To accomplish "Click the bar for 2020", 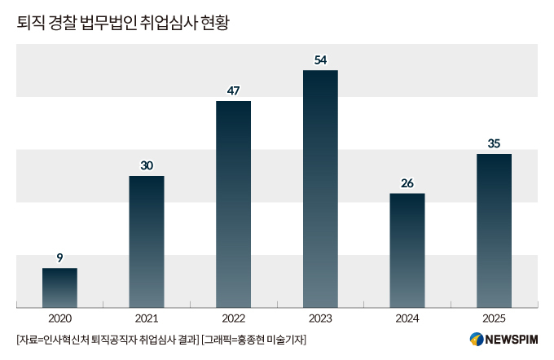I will pos(59,288).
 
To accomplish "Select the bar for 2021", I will pos(147,242).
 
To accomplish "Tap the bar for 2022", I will pos(233,204).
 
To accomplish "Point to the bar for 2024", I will pos(407,250).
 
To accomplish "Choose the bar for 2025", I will pos(494,230).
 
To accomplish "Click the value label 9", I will pos(59,257).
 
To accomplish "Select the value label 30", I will pos(147,165).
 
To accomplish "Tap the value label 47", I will pos(233,90).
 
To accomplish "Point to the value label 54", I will pos(320,59).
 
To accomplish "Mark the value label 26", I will pos(407,182).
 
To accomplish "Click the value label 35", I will pos(494,143).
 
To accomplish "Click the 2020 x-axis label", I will pos(59,318).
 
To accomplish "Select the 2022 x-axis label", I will pos(233,318).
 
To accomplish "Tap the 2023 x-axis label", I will pos(320,318).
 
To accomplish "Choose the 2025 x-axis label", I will pos(494,318).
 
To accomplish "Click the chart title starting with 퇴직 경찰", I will pos(122,23).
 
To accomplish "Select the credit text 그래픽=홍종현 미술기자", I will pos(254,339).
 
